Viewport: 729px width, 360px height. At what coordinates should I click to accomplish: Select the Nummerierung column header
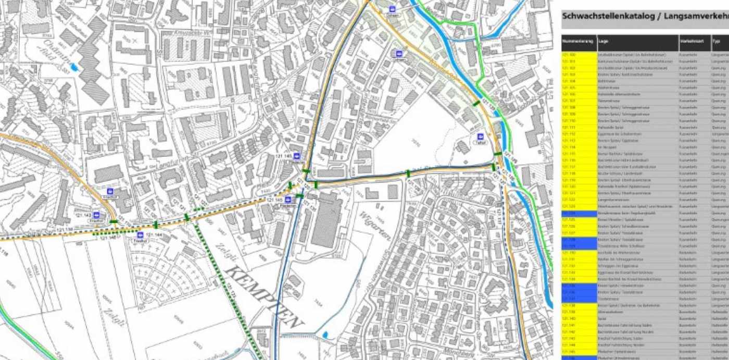(x=578, y=41)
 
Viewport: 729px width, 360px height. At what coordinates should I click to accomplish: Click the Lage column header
(x=604, y=41)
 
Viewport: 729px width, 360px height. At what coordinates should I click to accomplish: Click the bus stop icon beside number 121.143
(x=97, y=215)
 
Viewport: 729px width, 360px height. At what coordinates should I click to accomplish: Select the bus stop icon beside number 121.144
(x=140, y=235)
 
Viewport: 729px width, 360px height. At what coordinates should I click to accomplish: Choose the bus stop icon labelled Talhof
(x=480, y=136)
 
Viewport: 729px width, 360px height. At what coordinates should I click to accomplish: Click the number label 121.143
(x=83, y=215)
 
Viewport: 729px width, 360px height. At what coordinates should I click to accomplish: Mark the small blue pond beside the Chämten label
(x=74, y=66)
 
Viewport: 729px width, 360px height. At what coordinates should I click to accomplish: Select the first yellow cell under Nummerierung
(x=579, y=55)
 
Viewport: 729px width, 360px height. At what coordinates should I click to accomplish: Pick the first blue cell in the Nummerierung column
(x=579, y=213)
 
